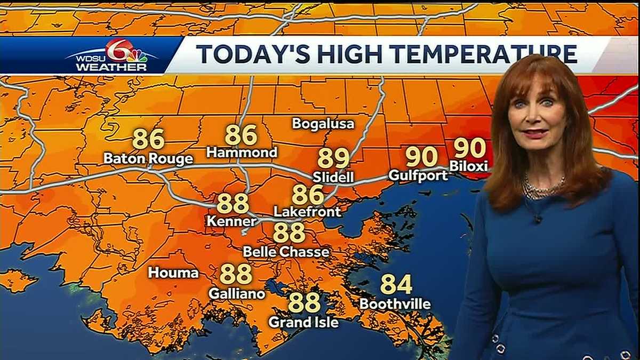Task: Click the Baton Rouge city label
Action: click(x=148, y=159)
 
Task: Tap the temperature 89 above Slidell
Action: click(x=333, y=158)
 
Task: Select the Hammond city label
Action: click(x=242, y=153)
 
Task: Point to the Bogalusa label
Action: click(x=323, y=124)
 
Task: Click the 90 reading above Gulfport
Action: click(x=421, y=156)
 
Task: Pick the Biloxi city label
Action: click(x=468, y=166)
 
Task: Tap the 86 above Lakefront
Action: click(x=308, y=195)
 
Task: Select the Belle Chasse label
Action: click(x=286, y=251)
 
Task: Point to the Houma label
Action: click(x=173, y=273)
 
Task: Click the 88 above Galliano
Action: click(x=236, y=274)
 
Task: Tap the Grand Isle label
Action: click(x=303, y=322)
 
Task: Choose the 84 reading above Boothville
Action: click(x=396, y=284)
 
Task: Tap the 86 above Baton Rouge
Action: click(x=148, y=139)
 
